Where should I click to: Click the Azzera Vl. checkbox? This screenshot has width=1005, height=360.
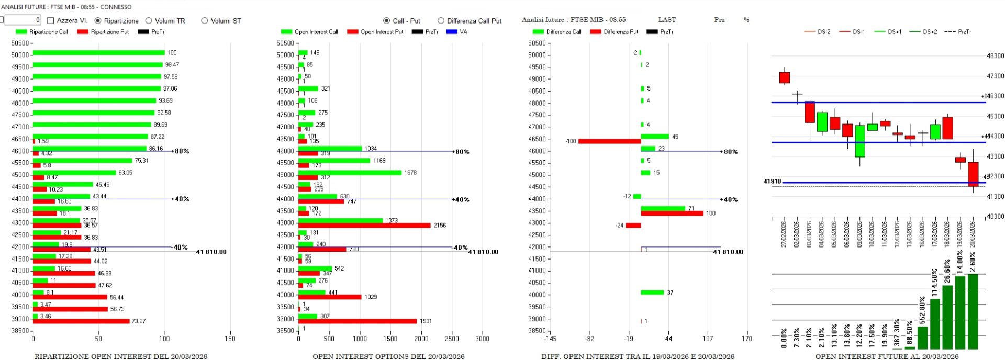51,20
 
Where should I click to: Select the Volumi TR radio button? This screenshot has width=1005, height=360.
149,21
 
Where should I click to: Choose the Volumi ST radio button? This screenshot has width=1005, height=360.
205,21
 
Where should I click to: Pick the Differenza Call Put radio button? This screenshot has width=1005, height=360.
441,21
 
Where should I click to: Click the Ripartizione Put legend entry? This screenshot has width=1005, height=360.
104,32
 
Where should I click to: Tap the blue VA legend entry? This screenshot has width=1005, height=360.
456,32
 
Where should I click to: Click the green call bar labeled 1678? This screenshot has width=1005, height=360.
350,173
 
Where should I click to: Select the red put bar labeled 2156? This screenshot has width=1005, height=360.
364,226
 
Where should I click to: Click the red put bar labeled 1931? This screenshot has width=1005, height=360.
358,321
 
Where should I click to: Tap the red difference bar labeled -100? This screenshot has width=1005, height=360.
609,141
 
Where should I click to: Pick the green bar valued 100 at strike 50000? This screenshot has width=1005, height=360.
99,53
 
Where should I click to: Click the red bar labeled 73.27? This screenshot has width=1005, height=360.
81,321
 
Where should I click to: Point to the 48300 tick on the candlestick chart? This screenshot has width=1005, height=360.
995,56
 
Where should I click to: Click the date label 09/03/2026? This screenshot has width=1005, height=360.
859,234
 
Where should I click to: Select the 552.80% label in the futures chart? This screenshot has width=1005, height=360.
922,310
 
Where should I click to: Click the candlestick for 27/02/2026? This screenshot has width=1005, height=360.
784,77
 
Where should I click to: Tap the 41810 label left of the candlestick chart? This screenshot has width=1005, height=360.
772,182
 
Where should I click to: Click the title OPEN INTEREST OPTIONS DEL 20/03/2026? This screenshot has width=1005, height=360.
388,356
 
